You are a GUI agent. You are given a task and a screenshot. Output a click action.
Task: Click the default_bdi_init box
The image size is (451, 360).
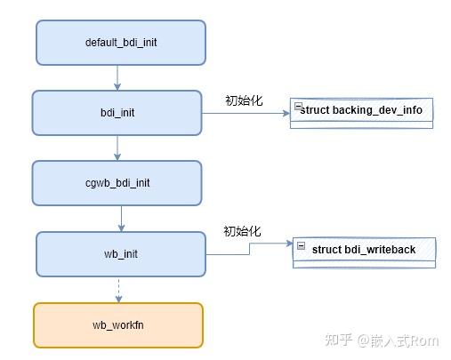tap(120, 43)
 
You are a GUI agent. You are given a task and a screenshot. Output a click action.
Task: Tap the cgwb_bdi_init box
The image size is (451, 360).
tap(118, 183)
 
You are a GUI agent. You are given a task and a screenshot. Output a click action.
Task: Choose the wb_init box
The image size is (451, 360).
tap(121, 253)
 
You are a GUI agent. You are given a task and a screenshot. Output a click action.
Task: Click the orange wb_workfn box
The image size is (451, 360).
tap(118, 324)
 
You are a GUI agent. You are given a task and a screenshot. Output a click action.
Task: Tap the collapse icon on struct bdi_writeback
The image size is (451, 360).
tap(302, 245)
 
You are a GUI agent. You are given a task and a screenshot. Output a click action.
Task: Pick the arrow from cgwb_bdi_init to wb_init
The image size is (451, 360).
tap(120, 218)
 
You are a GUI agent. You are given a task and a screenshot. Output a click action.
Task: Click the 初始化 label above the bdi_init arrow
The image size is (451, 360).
tap(244, 100)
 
